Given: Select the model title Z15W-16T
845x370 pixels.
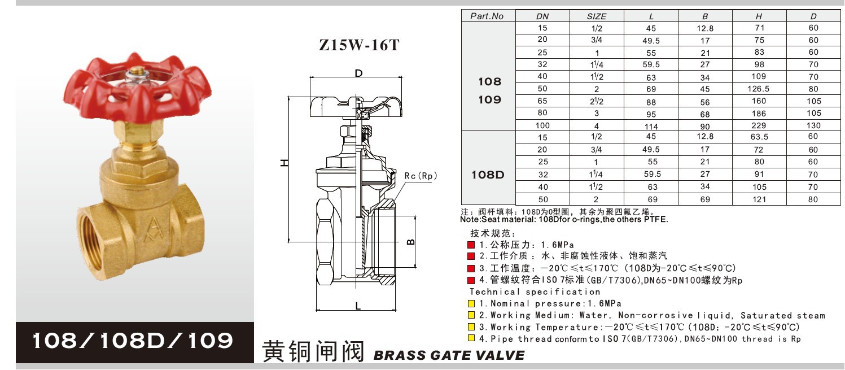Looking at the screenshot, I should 359,46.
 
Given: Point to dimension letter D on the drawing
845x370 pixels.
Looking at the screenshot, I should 358,73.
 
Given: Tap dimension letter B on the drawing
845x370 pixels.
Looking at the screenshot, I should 410,242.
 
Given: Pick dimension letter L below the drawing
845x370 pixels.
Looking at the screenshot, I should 358,306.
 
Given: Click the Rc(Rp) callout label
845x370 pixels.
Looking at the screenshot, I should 421,176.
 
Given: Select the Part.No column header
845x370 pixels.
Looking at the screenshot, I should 487,16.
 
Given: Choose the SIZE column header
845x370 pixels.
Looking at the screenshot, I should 597,16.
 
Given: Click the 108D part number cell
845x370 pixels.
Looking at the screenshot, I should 488,175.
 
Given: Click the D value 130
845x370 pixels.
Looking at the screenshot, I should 813,125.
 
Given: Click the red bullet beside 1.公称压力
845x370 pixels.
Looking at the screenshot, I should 471,245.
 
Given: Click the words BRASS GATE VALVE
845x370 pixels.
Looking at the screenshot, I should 449,355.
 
